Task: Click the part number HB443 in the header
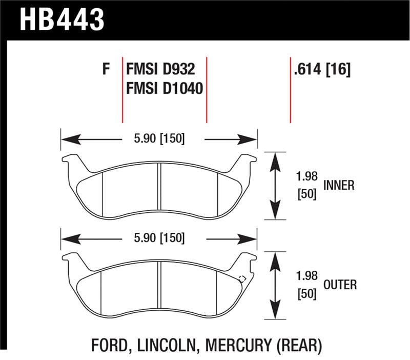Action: [x=62, y=20]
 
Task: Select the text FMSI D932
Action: [x=160, y=69]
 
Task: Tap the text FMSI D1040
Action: [x=165, y=88]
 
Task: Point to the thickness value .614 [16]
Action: [x=322, y=70]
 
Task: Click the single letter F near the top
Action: [x=106, y=69]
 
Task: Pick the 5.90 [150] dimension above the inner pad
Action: [x=159, y=138]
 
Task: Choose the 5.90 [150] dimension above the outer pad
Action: [x=159, y=238]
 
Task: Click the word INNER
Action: [x=339, y=185]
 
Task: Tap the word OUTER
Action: [x=340, y=285]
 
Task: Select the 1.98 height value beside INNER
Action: [x=306, y=176]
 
